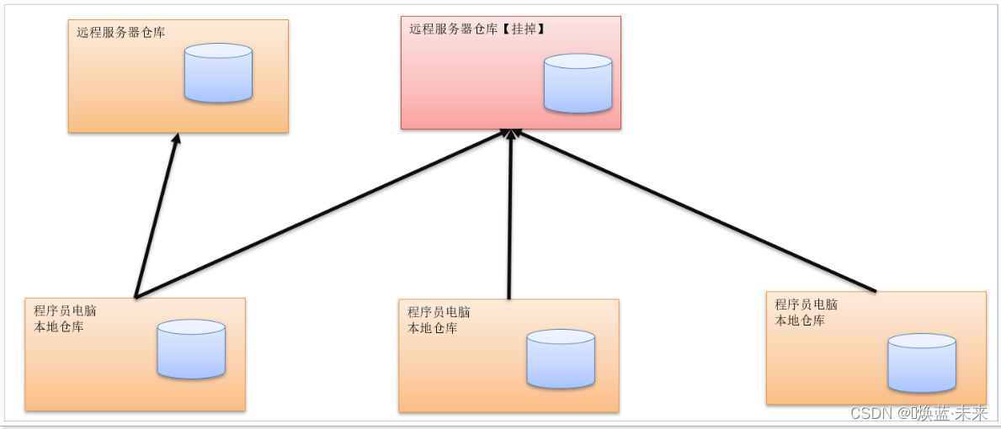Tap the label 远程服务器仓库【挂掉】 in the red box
(477, 29)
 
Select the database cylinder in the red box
(578, 83)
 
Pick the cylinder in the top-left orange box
(218, 73)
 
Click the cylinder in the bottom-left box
(191, 348)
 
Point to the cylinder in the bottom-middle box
(561, 358)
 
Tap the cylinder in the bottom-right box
(922, 363)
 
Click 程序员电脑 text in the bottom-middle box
(439, 312)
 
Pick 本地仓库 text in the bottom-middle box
(432, 328)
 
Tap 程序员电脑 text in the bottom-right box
(806, 305)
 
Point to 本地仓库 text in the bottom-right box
(799, 320)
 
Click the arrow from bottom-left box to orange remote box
(157, 214)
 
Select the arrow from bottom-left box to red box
(320, 214)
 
